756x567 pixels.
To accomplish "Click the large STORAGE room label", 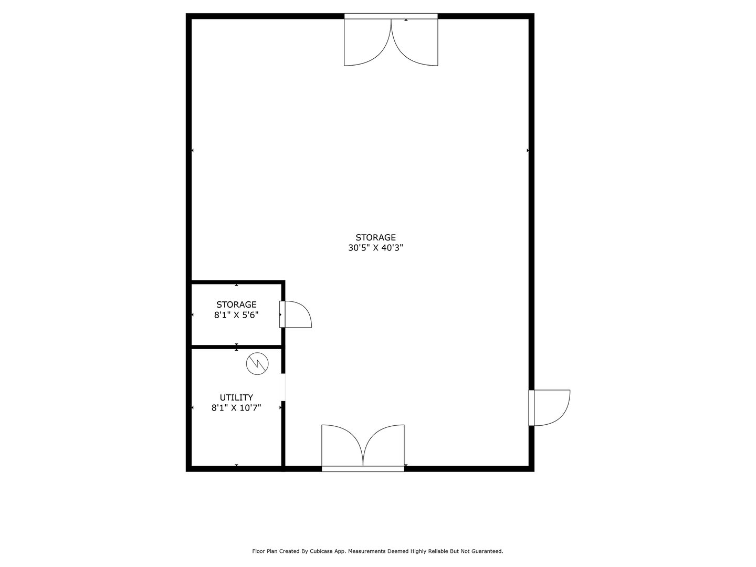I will [375, 237].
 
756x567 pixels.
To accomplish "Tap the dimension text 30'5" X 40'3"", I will [375, 248].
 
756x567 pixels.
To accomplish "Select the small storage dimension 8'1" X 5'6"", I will [236, 315].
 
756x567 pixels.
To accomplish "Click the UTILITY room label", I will [236, 397].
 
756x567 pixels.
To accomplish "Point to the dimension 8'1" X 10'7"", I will [236, 407].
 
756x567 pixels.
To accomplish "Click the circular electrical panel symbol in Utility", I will [257, 363].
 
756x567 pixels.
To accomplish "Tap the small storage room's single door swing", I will [297, 315].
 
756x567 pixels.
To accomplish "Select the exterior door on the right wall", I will [550, 407].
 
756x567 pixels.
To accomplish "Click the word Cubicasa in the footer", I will [322, 551].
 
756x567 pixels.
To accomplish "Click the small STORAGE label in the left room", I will [236, 304].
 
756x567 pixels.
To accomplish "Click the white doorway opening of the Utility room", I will [284, 387].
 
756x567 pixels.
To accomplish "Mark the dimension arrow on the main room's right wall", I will [528, 151].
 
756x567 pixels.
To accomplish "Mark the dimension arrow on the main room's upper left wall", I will [193, 151].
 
